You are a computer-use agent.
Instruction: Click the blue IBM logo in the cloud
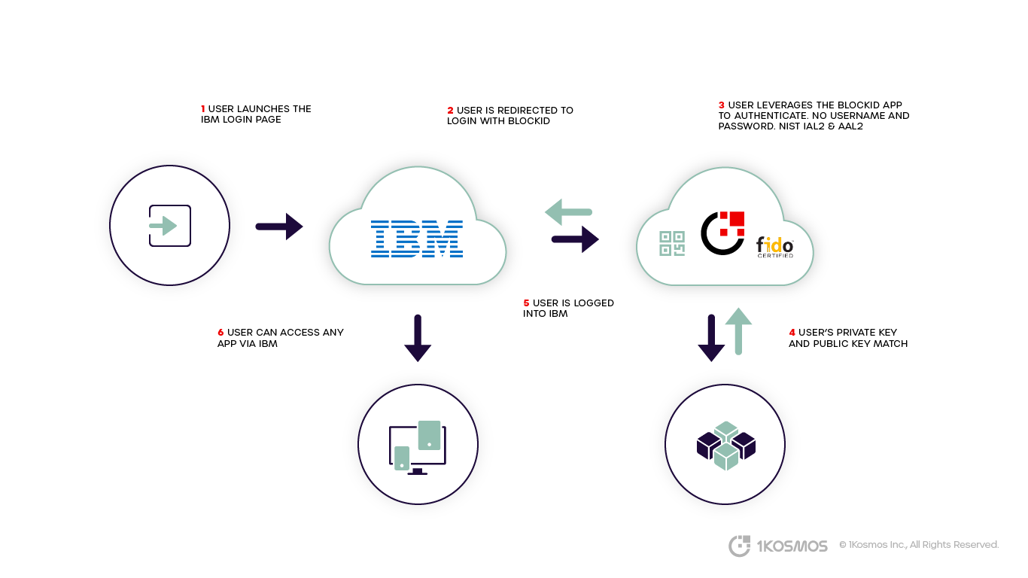point(416,239)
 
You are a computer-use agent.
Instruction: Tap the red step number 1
point(203,109)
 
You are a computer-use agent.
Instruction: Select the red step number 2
point(450,111)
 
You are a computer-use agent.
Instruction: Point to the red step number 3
point(721,105)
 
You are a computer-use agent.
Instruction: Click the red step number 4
point(792,333)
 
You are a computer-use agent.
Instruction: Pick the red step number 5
point(526,303)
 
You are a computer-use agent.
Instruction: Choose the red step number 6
point(221,333)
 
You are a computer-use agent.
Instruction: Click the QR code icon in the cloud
point(672,243)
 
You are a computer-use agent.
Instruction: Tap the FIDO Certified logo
point(774,247)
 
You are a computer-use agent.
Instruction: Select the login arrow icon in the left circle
point(169,226)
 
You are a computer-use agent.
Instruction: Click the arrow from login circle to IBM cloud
point(278,226)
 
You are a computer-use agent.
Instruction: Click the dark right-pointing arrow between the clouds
point(575,239)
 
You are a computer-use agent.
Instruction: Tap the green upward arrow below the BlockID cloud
point(738,330)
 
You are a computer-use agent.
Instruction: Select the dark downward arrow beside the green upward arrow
point(711,337)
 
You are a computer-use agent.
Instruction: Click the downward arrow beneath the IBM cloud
point(418,338)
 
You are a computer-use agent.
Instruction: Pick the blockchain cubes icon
point(725,445)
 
